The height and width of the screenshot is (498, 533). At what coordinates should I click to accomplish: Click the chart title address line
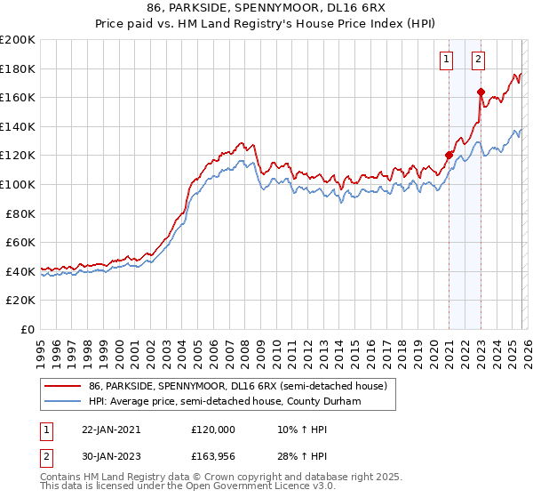pyautogui.click(x=266, y=7)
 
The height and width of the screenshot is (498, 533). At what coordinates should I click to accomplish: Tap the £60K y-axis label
pyautogui.click(x=20, y=242)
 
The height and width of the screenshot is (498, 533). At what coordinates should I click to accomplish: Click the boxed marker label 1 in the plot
pyautogui.click(x=445, y=60)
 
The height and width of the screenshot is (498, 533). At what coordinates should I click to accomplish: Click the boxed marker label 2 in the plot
pyautogui.click(x=478, y=60)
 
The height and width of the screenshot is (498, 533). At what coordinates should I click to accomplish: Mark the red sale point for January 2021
pyautogui.click(x=449, y=156)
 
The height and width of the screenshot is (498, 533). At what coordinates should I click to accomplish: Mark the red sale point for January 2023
pyautogui.click(x=481, y=92)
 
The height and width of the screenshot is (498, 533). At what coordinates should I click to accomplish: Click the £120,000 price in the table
pyautogui.click(x=213, y=429)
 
